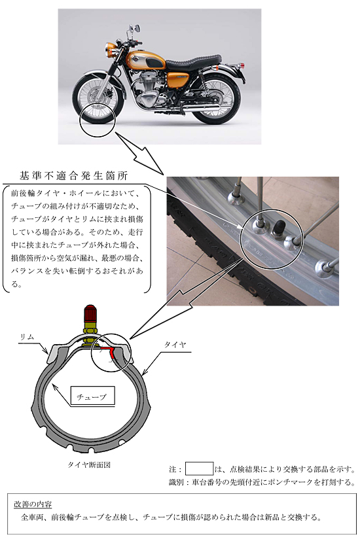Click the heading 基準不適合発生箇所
73,176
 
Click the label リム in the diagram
27,336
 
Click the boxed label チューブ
87,396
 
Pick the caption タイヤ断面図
90,465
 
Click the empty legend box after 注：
199,468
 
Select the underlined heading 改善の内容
33,504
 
